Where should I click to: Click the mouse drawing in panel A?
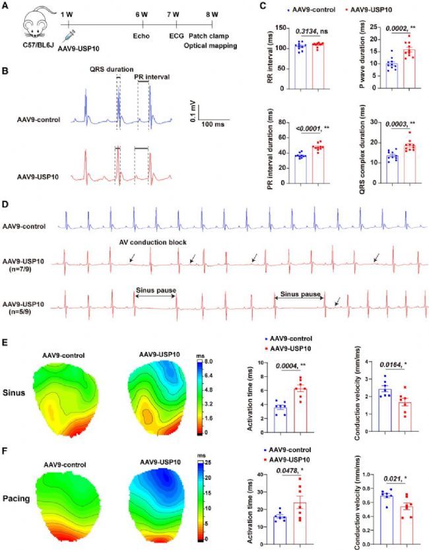[30, 27]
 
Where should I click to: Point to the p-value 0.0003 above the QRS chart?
[389, 123]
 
